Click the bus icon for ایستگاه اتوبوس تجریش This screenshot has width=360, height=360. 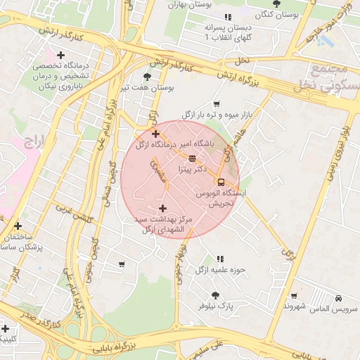click(221, 182)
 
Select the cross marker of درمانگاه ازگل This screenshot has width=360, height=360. click(155, 133)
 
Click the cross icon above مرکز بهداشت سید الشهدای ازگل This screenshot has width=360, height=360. click(163, 208)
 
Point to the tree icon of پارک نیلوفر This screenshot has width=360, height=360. click(215, 295)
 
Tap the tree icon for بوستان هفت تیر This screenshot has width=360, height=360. click(147, 77)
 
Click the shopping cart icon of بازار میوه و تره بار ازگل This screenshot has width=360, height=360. click(216, 103)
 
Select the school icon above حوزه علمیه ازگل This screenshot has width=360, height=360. click(220, 259)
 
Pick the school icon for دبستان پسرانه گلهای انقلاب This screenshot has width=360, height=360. click(226, 17)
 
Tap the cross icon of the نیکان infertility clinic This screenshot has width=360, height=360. click(61, 55)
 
